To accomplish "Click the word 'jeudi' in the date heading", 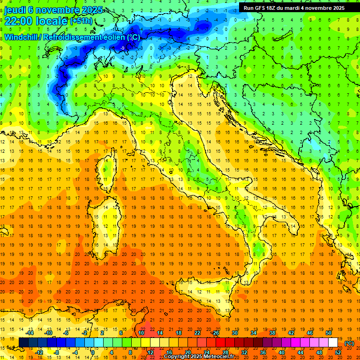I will tap(15, 9).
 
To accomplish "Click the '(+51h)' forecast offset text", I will tap(81, 21).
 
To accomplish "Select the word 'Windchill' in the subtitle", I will tap(22, 37).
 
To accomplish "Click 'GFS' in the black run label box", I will tap(261, 8).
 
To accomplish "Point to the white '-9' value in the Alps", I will tap(122, 48).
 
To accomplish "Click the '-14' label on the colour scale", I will tap(30, 333).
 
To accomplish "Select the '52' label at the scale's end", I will tap(338, 352).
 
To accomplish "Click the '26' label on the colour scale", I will tap(216, 333).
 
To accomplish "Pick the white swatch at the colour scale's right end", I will tap(333, 343).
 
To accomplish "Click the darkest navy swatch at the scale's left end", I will tap(23, 343).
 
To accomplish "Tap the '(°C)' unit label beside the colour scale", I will tap(350, 343).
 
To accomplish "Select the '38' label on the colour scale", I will tap(272, 333).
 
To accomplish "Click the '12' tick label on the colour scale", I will tap(150, 352).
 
